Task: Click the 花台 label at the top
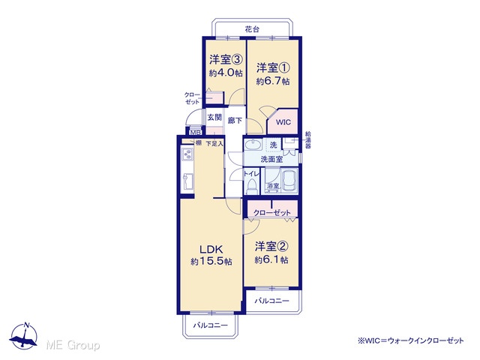(x=252, y=29)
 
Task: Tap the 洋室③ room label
(x=226, y=59)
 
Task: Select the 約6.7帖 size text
(x=273, y=82)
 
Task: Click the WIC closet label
(x=283, y=122)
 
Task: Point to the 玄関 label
(x=214, y=117)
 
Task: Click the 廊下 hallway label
(x=235, y=121)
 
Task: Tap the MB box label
(x=195, y=133)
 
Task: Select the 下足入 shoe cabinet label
(x=214, y=143)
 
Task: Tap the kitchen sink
(x=187, y=181)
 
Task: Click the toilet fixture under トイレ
(x=252, y=187)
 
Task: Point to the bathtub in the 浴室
(x=289, y=181)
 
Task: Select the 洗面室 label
(x=271, y=159)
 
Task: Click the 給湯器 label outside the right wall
(x=308, y=140)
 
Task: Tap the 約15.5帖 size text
(x=211, y=262)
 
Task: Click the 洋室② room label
(x=271, y=246)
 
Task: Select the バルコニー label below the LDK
(x=210, y=325)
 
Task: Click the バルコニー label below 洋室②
(x=271, y=301)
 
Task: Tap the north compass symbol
(x=23, y=336)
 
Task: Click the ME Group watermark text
(x=73, y=345)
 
